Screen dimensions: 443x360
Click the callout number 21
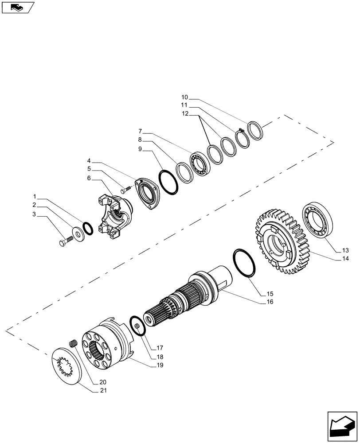[x=103, y=391]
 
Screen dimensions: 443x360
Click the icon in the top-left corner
[x=18, y=7]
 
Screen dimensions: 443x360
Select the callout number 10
[x=184, y=97]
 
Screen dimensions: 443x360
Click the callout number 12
[x=184, y=114]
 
